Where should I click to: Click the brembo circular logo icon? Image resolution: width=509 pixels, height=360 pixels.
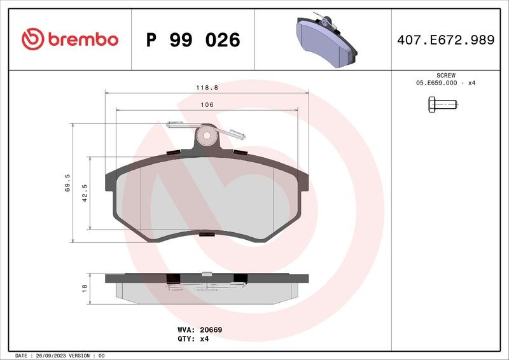coord(33,39)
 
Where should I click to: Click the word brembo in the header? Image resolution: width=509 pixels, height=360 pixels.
coord(83,39)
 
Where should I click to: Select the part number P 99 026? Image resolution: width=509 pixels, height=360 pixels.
coord(193,40)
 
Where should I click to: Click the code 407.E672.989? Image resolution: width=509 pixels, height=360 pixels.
coord(446,40)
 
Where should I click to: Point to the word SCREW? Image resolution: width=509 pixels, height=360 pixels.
coord(446,75)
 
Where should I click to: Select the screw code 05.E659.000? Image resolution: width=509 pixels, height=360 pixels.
coord(436,83)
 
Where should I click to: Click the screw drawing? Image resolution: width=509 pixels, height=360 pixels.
coord(442,104)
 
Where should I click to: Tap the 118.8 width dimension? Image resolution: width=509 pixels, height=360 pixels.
coord(207,88)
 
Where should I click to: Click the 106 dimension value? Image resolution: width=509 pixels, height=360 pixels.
coord(207,104)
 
